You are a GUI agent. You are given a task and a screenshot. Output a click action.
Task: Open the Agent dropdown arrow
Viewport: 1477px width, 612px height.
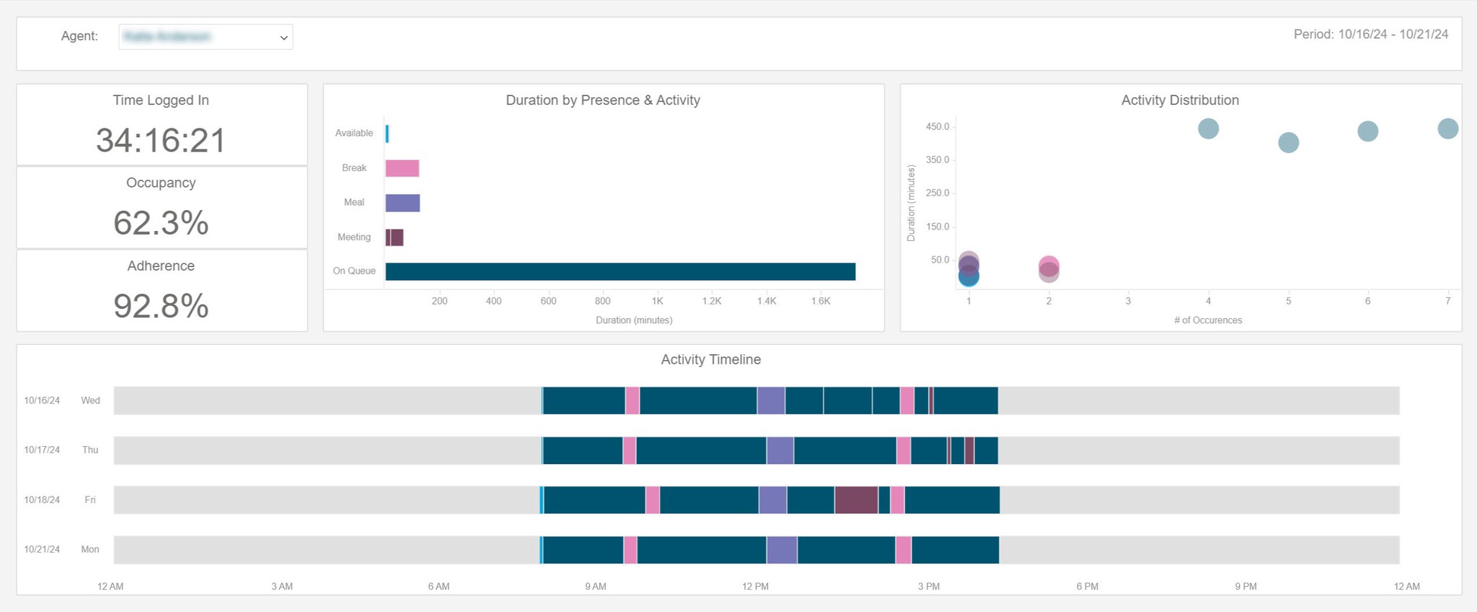(x=283, y=38)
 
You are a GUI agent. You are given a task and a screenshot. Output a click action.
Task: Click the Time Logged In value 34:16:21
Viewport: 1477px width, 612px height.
(x=161, y=140)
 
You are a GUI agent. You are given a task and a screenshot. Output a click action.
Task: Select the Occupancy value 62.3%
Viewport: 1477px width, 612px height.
(x=161, y=223)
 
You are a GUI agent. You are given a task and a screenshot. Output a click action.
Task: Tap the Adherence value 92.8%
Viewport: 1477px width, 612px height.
(x=161, y=306)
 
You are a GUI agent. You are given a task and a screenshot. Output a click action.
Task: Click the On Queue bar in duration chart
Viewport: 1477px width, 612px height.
(x=620, y=271)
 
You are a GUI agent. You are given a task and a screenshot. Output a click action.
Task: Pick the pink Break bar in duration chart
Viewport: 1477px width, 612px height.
(x=402, y=168)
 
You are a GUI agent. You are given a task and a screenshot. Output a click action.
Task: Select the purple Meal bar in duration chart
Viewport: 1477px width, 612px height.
(x=402, y=203)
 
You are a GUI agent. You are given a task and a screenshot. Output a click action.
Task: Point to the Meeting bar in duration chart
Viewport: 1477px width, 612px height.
(x=394, y=237)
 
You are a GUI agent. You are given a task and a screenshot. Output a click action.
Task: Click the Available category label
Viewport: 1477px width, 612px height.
(x=354, y=133)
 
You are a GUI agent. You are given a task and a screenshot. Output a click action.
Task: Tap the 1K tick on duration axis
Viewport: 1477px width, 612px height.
(x=657, y=301)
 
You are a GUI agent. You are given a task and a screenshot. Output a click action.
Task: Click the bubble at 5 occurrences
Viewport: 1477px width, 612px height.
(x=1288, y=143)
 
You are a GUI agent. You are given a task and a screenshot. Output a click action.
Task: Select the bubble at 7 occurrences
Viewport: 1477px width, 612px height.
(x=1447, y=129)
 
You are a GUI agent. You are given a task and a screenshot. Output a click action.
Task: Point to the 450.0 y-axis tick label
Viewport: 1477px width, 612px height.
(x=938, y=127)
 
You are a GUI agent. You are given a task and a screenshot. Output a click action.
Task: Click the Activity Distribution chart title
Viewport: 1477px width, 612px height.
(x=1180, y=100)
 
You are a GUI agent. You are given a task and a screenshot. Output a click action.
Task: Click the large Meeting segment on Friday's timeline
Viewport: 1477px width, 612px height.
(x=856, y=500)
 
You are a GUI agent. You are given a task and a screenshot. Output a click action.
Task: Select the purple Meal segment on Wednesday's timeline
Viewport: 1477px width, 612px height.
(x=771, y=401)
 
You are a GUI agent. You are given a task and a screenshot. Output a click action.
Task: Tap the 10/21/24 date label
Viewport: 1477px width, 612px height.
(x=42, y=549)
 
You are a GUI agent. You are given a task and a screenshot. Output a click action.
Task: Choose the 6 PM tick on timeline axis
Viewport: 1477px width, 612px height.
(x=1087, y=586)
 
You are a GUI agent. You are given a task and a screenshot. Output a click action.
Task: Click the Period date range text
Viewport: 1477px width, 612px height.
(x=1370, y=35)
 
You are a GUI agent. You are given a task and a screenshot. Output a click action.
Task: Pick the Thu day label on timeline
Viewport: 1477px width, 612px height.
(x=90, y=450)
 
